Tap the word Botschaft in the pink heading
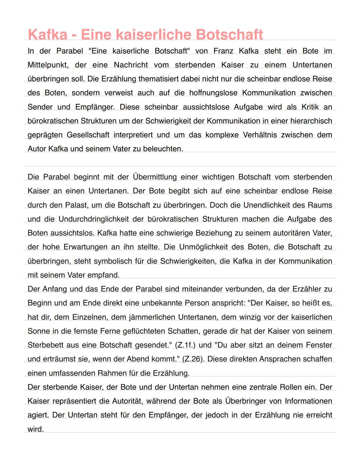[x=229, y=34]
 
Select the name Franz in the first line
[x=223, y=51]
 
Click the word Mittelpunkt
[x=48, y=65]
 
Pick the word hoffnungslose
[x=213, y=93]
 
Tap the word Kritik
[x=310, y=107]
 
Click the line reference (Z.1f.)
[x=185, y=345]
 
